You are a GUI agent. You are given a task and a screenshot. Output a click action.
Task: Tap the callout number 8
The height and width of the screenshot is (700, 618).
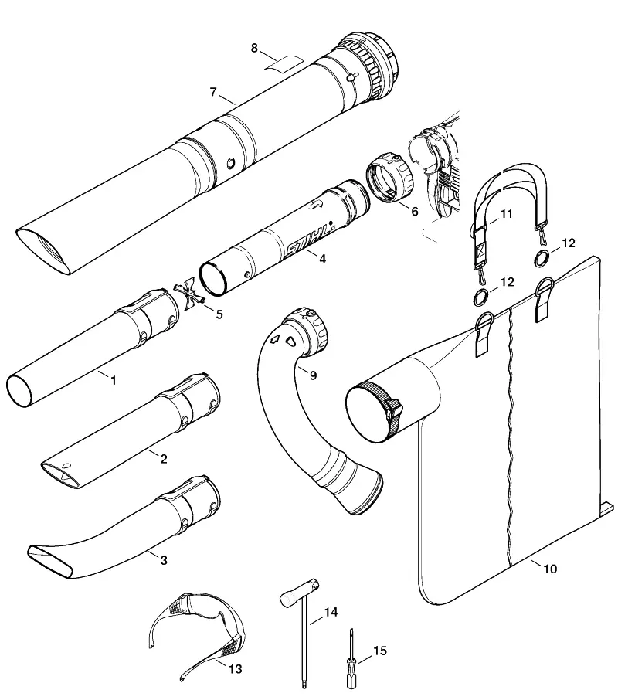coord(254,48)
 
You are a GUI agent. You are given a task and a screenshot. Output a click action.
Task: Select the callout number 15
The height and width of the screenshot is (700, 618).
coord(380,651)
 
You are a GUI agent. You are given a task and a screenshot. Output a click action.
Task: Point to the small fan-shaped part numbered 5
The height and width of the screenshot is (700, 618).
coord(190,294)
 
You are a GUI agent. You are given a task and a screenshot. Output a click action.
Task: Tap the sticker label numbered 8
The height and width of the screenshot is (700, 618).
coord(284,63)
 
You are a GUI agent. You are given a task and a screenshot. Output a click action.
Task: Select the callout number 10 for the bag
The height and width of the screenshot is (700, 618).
coord(550,569)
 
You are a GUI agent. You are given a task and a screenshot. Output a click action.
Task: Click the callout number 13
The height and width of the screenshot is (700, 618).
coord(235,669)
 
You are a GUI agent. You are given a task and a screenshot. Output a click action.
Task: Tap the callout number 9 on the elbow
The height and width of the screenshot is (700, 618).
coord(313,375)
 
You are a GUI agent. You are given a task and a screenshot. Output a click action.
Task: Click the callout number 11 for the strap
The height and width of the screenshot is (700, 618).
coord(507,214)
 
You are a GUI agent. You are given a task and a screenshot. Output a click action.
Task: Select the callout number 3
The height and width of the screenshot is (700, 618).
coord(164,560)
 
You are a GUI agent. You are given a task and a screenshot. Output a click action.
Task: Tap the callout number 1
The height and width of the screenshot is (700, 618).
coord(114,380)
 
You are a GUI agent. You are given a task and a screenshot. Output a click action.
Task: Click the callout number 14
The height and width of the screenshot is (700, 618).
coord(331,612)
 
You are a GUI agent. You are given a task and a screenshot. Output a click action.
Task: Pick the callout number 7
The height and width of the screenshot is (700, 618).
coord(213,92)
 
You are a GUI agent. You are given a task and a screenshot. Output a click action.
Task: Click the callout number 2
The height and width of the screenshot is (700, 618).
coord(164,458)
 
